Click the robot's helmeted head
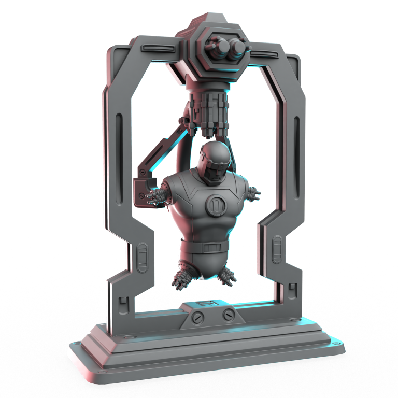pos(214,162)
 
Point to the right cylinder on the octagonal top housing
pos(237,48)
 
